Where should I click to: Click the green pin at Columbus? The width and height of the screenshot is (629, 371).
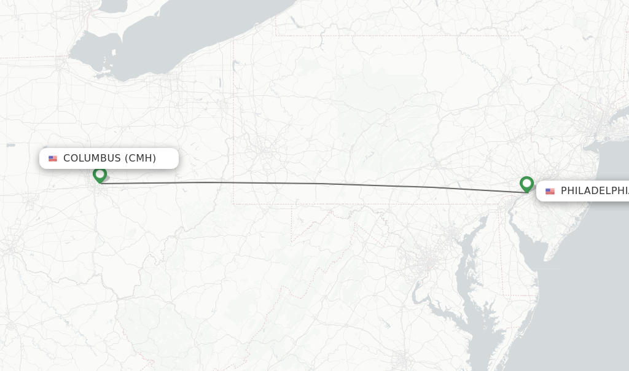[100, 175]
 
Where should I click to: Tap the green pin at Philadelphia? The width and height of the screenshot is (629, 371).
[526, 184]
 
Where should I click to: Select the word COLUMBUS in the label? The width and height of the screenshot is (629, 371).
[92, 158]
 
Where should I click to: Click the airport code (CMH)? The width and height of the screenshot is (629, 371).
[141, 158]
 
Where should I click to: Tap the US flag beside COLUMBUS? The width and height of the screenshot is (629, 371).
[53, 158]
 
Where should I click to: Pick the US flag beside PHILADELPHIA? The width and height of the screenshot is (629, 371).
[550, 192]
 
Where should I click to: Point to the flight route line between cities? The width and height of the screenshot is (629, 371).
[307, 183]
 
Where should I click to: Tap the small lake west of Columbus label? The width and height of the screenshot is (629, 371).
[10, 146]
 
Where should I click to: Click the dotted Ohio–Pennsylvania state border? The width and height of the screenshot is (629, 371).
[233, 123]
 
